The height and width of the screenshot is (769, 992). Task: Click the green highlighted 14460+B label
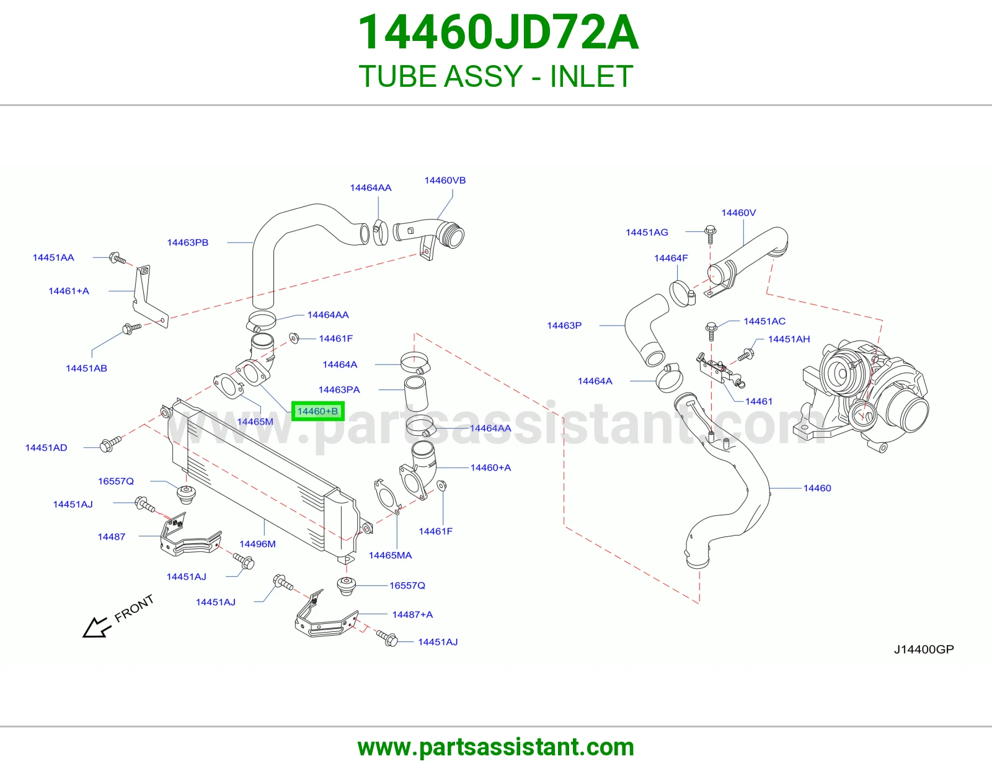click(317, 411)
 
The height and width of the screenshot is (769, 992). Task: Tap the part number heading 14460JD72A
click(498, 32)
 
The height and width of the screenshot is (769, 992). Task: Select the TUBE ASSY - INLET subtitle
click(496, 76)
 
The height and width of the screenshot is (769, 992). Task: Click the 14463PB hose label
click(188, 242)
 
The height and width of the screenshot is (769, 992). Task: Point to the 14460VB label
click(445, 180)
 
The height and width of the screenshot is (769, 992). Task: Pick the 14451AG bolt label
click(647, 233)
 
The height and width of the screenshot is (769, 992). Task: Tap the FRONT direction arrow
click(97, 627)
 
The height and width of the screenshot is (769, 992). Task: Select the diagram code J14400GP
click(924, 649)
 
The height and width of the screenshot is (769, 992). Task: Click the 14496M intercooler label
click(257, 544)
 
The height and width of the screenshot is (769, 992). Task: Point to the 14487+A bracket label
click(413, 615)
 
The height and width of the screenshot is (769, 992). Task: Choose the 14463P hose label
click(564, 326)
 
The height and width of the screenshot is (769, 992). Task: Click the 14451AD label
click(46, 448)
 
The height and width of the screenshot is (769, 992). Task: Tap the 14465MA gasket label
click(391, 555)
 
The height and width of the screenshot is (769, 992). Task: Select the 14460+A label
click(491, 468)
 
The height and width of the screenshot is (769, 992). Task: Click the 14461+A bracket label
click(69, 291)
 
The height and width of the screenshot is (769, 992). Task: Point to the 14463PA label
click(339, 389)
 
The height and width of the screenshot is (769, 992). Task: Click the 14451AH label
click(789, 339)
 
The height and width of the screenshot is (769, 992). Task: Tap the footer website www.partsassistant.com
click(496, 747)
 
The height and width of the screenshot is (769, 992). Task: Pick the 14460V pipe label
click(738, 213)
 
